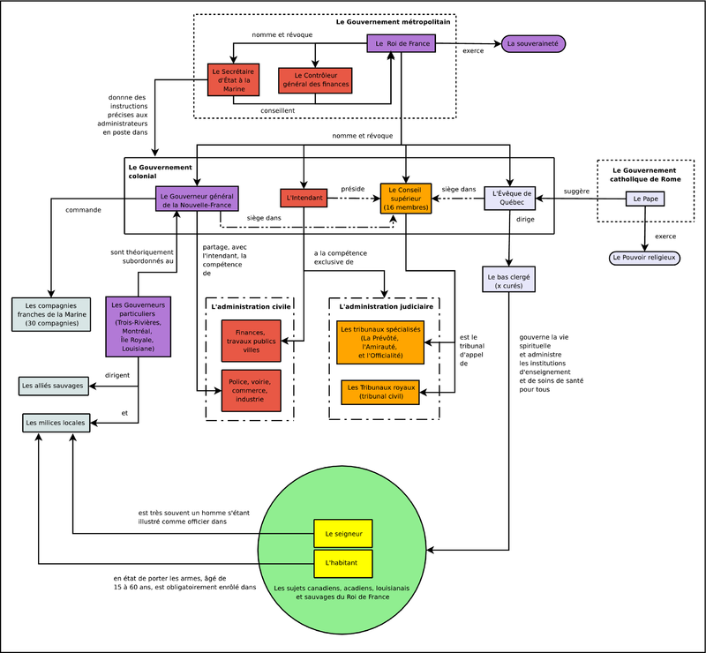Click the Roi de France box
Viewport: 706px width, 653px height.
click(402, 43)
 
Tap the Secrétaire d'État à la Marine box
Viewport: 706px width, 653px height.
click(233, 79)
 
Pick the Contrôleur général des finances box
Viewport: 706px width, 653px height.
click(315, 79)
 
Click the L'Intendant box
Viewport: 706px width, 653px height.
click(304, 199)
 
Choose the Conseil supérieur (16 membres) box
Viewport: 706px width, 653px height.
click(406, 199)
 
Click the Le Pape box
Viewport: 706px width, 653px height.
click(644, 199)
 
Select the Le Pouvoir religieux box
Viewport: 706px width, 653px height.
click(643, 258)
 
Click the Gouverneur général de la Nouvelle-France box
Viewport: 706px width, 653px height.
click(198, 199)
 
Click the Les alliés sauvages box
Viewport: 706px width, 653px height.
click(53, 386)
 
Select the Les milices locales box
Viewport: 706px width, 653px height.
click(55, 424)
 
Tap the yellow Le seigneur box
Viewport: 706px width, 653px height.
click(343, 534)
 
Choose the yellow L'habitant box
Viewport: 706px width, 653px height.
click(343, 562)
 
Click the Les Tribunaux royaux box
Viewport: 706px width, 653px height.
click(380, 393)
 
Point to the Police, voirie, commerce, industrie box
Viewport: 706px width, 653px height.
click(252, 390)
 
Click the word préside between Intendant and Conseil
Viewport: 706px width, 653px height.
click(352, 188)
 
